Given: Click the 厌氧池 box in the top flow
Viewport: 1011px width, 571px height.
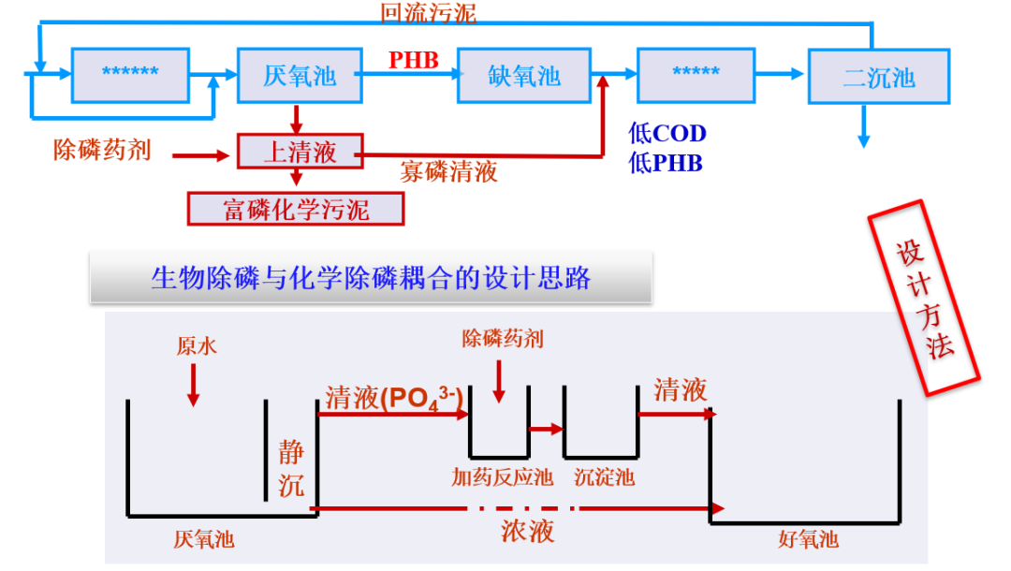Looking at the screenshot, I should pyautogui.click(x=300, y=75).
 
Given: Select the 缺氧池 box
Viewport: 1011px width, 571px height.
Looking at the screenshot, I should pyautogui.click(x=523, y=75).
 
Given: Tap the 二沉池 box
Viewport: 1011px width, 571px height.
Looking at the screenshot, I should pyautogui.click(x=878, y=78).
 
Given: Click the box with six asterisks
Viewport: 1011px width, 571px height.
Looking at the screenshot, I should pyautogui.click(x=130, y=74).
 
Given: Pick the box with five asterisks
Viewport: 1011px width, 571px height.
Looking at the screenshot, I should pyautogui.click(x=696, y=74).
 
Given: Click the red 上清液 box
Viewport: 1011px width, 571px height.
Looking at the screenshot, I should pyautogui.click(x=300, y=152).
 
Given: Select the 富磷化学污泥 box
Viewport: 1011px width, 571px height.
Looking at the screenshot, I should pyautogui.click(x=296, y=209).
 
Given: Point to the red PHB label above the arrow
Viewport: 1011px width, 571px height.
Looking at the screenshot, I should pyautogui.click(x=414, y=61).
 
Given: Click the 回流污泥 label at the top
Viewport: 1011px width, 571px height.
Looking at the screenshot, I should pyautogui.click(x=428, y=12).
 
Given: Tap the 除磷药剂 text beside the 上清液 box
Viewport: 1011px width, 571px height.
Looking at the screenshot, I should pyautogui.click(x=102, y=150).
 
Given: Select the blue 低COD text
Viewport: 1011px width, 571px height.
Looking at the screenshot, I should pyautogui.click(x=667, y=134).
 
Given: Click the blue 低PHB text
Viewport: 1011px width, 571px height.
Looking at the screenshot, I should pyautogui.click(x=666, y=163).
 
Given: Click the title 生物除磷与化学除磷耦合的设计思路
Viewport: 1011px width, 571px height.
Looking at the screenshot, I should pyautogui.click(x=371, y=278).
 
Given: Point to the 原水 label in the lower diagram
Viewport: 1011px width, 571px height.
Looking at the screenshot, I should pyautogui.click(x=197, y=346).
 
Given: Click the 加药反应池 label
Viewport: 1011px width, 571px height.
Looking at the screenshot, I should pyautogui.click(x=502, y=477).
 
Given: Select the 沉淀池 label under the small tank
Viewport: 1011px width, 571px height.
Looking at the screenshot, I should pyautogui.click(x=604, y=477).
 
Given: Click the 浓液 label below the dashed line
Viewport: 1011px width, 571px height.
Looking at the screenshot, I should pyautogui.click(x=527, y=531).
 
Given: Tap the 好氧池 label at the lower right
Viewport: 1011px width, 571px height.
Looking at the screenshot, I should pyautogui.click(x=808, y=540).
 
